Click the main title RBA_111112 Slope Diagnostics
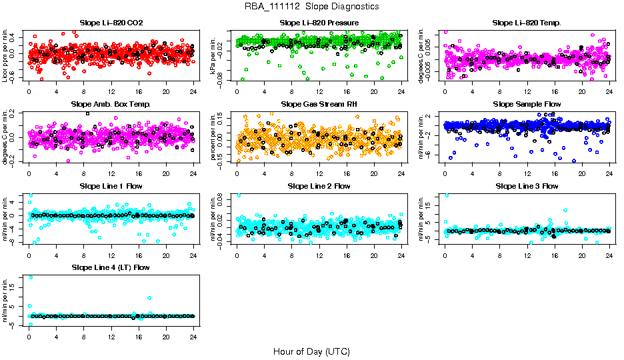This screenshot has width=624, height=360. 311,6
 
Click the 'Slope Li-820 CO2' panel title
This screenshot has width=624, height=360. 111,23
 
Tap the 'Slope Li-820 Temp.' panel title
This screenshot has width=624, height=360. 527,23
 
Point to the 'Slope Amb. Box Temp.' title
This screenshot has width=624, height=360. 111,104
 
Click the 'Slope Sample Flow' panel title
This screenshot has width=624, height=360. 527,104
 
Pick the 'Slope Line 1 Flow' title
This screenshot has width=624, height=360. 111,186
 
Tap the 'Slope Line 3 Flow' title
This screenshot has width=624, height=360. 527,186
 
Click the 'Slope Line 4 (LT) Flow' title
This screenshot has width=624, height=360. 111,267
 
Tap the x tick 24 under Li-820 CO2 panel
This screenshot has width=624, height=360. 193,91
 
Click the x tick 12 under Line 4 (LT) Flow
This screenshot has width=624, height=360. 111,336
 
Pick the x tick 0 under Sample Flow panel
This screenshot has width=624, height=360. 445,173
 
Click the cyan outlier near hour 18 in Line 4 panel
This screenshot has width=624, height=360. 150,298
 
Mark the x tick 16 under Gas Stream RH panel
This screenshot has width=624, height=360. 347,173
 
